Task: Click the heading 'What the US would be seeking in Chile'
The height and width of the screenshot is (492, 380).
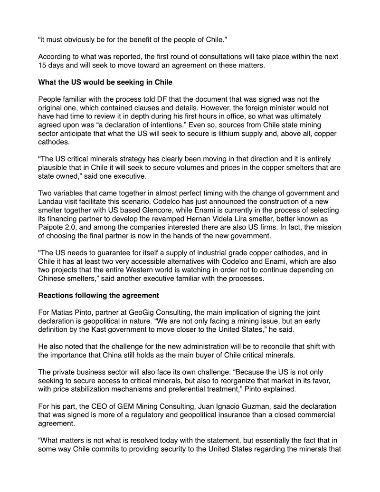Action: [x=105, y=82]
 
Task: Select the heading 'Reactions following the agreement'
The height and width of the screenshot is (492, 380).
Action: [x=98, y=295]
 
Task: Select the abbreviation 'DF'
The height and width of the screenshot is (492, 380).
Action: [x=142, y=99]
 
